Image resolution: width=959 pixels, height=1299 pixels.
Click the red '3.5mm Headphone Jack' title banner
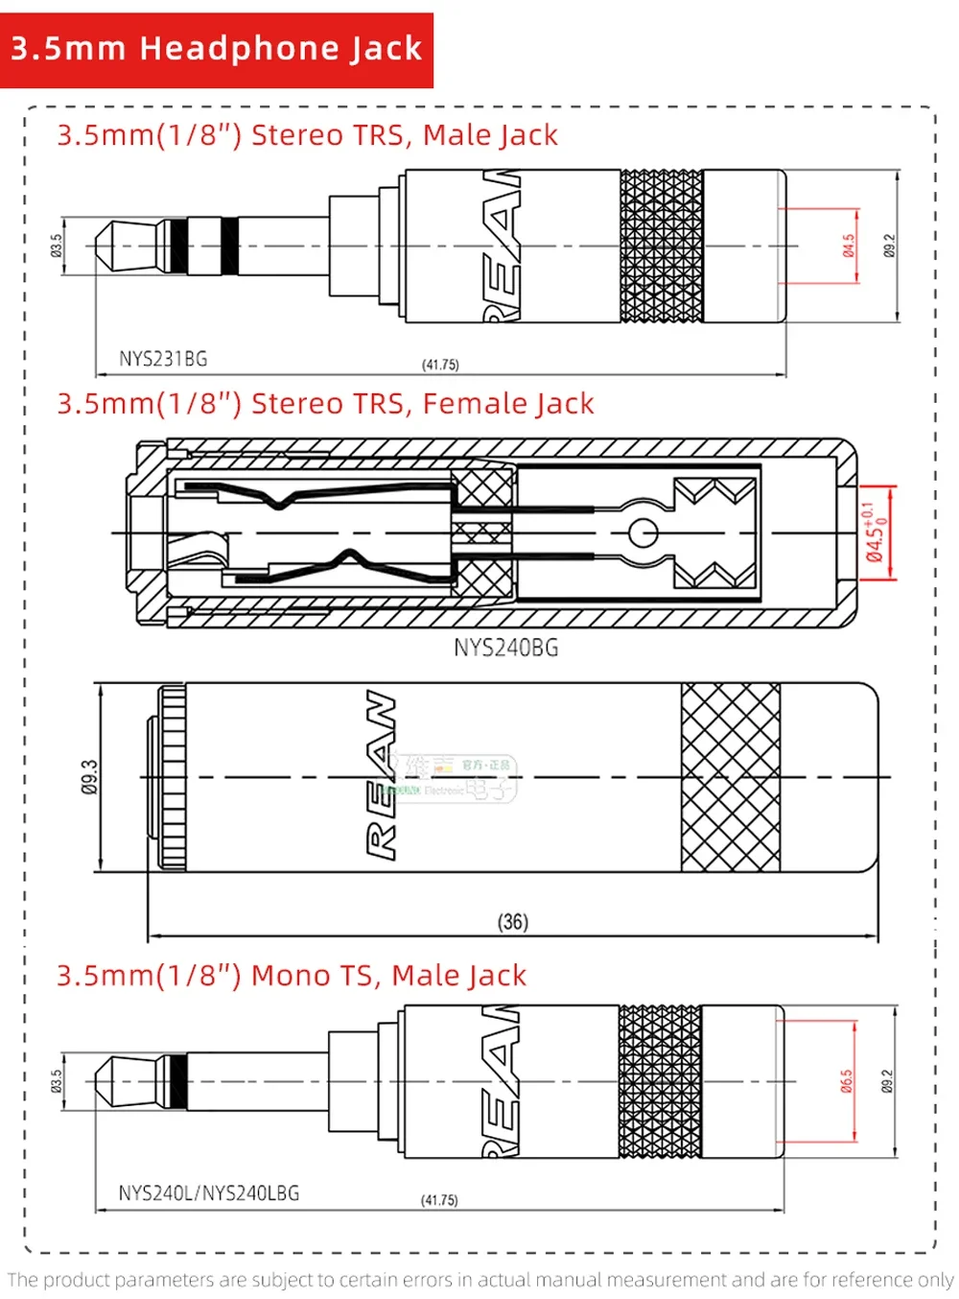tap(217, 49)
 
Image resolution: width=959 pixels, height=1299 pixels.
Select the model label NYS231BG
tap(162, 359)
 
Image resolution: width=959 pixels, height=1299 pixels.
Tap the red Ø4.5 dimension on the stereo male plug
tap(849, 246)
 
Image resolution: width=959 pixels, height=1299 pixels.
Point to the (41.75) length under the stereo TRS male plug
tap(440, 365)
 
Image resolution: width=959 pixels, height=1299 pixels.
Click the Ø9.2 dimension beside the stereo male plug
tap(889, 246)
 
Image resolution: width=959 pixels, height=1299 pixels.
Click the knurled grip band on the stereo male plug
tap(661, 246)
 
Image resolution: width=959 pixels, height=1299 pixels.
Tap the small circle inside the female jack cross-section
tap(643, 532)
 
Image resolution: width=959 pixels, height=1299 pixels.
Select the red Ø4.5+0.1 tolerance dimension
tap(875, 532)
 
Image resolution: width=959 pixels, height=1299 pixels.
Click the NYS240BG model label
tap(505, 648)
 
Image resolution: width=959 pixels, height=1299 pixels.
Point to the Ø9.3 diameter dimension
tap(89, 777)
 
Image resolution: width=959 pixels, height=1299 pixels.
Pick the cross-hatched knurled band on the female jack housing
tap(730, 777)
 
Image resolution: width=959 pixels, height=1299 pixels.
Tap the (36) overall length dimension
tap(512, 922)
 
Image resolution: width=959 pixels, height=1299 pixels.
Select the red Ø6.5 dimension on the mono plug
tap(846, 1081)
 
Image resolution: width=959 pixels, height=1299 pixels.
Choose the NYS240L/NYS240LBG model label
tap(208, 1193)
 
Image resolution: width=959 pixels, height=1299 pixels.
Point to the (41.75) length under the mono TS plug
tap(439, 1200)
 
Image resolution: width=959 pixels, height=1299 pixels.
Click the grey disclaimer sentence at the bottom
tap(479, 1280)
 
